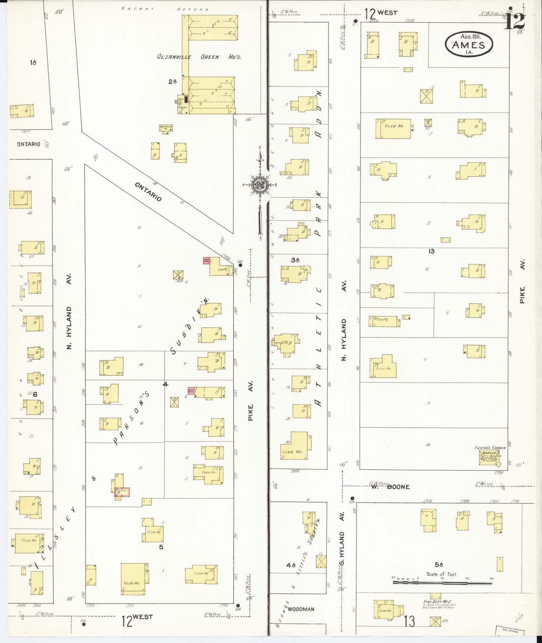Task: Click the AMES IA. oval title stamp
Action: [469, 44]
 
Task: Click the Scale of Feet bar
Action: [442, 582]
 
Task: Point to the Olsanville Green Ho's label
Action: [199, 57]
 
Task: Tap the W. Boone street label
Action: [390, 486]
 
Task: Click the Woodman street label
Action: [301, 609]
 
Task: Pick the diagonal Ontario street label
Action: [148, 192]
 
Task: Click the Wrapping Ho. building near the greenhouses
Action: [166, 128]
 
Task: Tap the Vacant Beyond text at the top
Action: [165, 9]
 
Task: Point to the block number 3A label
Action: [295, 260]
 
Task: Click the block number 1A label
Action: [33, 62]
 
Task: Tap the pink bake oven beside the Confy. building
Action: [206, 260]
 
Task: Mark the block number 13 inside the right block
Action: [431, 251]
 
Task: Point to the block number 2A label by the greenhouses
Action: [173, 81]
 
